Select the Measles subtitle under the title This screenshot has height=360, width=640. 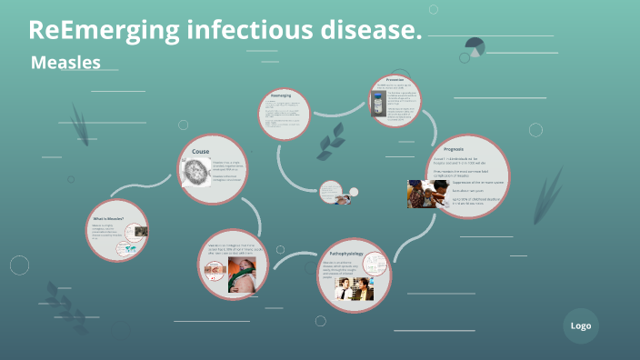(65, 63)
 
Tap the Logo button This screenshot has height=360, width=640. (580, 325)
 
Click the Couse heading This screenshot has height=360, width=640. (201, 151)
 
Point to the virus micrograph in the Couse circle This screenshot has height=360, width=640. (195, 173)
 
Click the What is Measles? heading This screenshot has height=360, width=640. (109, 218)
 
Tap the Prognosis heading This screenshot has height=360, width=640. (453, 148)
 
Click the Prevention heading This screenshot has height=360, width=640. (395, 79)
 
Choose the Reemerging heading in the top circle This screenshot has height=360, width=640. (280, 95)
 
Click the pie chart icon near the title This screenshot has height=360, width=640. (473, 48)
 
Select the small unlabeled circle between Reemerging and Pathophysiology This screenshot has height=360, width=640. (331, 192)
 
